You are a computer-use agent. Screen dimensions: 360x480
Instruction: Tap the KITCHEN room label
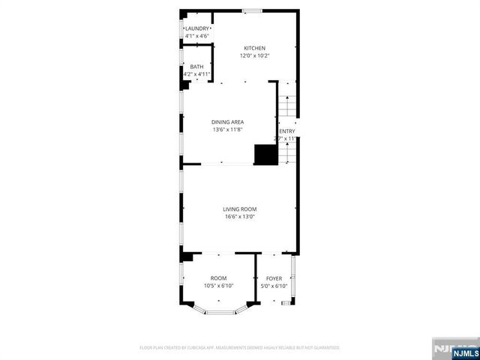[254, 48]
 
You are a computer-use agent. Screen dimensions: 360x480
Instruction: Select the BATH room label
[196, 67]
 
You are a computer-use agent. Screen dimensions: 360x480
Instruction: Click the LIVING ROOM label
[240, 209]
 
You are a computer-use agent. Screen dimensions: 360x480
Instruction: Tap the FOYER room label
[274, 278]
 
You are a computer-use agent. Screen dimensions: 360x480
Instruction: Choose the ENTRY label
[287, 131]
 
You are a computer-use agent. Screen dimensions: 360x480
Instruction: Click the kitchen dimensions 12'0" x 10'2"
[254, 55]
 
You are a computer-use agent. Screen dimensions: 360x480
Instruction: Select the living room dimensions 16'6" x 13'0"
[240, 217]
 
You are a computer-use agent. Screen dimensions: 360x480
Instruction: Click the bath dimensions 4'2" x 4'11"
[196, 74]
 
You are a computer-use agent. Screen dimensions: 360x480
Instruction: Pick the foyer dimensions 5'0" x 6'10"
[274, 286]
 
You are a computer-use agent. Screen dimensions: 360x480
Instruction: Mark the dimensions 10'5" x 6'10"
[218, 286]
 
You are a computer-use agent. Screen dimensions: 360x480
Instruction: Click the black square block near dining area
[265, 154]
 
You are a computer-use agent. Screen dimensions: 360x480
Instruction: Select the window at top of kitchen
[252, 10]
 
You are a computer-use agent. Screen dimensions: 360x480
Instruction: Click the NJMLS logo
[455, 350]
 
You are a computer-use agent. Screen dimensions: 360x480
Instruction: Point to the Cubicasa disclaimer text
[240, 348]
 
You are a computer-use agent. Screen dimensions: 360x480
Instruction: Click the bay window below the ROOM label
[219, 311]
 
